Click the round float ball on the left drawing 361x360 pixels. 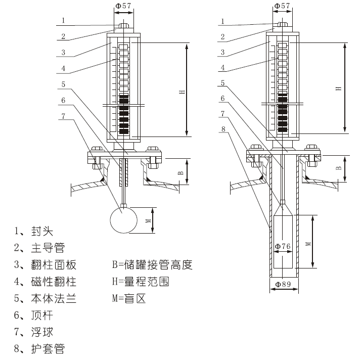pos(123,220)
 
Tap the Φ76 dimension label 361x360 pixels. pos(283,247)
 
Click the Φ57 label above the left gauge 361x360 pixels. pos(124,6)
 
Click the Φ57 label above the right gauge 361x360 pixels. pos(283,6)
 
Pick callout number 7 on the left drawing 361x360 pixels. pos(64,115)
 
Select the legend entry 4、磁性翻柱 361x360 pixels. pos(45,282)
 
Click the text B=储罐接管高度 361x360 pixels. pos(152,265)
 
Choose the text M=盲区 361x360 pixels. pos(128,298)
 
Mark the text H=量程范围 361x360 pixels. pos(141,282)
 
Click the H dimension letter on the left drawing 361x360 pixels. pos(180,91)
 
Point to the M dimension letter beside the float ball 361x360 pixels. pos(148,220)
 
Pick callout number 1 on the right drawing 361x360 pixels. pos(223,21)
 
